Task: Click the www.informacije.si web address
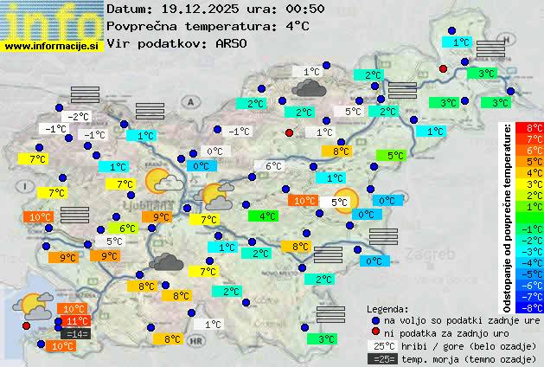point(52,46)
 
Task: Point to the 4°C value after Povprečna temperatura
point(297,26)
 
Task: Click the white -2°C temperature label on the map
point(79,117)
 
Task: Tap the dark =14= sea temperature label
point(76,333)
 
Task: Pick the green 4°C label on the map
point(268,216)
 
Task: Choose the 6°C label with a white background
point(273,166)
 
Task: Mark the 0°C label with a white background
point(214,151)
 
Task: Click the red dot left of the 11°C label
point(26,325)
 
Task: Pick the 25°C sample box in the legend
point(381,346)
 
